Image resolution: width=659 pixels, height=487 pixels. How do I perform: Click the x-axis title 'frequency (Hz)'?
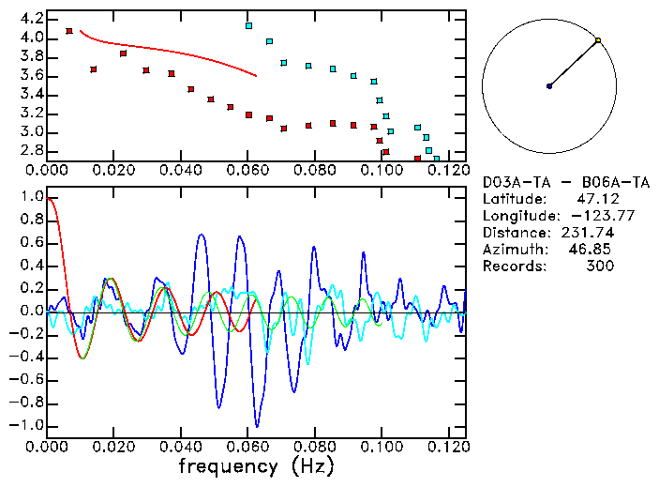click(x=256, y=465)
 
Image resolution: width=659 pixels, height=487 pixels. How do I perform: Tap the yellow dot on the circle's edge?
click(x=598, y=40)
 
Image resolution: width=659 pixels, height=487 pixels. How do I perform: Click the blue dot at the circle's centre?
click(x=549, y=86)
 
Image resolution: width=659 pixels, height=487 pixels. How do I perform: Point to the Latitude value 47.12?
click(x=594, y=199)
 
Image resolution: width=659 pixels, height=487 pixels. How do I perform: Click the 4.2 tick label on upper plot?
click(x=31, y=19)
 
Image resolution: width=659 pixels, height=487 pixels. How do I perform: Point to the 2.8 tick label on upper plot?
click(x=31, y=150)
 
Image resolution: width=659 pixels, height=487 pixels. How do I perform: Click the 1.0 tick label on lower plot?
click(x=31, y=197)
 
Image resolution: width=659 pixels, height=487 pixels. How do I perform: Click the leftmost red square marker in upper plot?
click(x=69, y=31)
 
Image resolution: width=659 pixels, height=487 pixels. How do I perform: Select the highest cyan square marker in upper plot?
click(x=248, y=25)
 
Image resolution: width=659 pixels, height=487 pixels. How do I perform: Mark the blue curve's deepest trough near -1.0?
click(x=257, y=425)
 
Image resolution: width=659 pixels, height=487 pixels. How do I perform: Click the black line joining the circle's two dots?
click(x=574, y=64)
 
